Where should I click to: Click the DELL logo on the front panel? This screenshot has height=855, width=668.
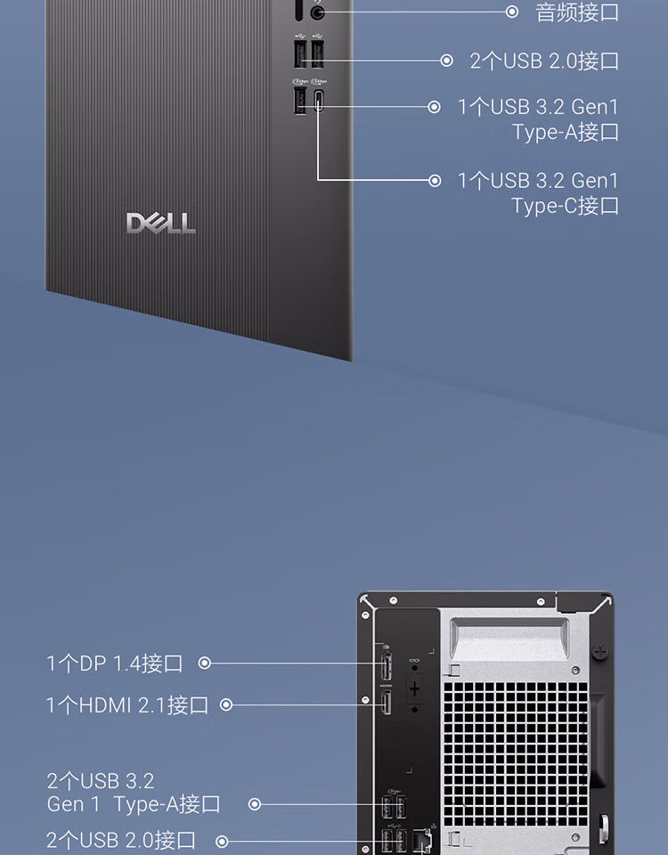click(x=160, y=223)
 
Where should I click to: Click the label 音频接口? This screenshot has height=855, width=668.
click(x=576, y=12)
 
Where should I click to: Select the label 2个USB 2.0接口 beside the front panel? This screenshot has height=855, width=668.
click(x=544, y=61)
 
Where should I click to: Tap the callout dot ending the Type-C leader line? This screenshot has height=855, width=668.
click(x=435, y=181)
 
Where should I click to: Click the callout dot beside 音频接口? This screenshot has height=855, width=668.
click(x=512, y=12)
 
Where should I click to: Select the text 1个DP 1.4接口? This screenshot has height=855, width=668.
click(x=115, y=663)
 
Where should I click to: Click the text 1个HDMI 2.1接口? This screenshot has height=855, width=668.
click(x=126, y=705)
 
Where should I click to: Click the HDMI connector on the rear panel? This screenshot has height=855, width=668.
click(x=387, y=705)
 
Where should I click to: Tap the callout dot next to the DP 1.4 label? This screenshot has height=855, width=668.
click(x=205, y=663)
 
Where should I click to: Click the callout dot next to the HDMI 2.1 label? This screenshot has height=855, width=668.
click(x=226, y=705)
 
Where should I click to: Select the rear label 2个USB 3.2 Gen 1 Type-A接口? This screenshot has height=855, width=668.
click(x=134, y=793)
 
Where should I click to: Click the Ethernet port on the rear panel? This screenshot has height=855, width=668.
click(x=423, y=839)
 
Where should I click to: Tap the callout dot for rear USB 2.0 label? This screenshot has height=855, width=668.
click(x=223, y=841)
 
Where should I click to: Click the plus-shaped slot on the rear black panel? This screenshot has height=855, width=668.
click(x=414, y=688)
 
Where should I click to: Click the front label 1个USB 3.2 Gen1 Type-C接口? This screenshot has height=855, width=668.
click(x=538, y=193)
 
